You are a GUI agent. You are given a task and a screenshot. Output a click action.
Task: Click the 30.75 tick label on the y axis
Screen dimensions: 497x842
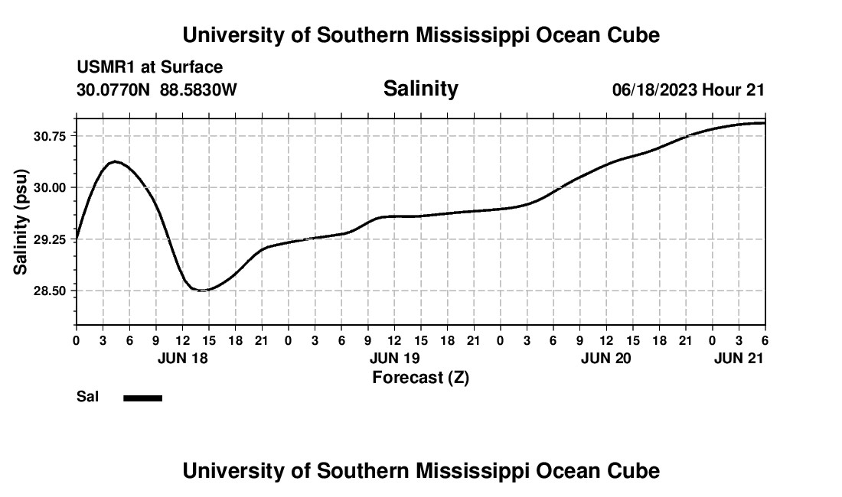tap(48, 136)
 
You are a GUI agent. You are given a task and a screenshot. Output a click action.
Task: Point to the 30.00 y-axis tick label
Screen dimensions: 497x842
tap(48, 187)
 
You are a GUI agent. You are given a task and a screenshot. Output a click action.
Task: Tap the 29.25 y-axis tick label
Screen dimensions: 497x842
tap(48, 239)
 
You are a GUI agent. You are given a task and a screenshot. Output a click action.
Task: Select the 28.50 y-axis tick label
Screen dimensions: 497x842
tap(48, 291)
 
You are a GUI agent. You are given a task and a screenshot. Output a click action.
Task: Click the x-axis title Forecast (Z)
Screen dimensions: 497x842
tap(420, 377)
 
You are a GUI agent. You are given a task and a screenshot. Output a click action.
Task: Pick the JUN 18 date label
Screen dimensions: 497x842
tap(182, 358)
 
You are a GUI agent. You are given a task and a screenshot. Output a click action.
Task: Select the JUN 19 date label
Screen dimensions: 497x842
tap(394, 358)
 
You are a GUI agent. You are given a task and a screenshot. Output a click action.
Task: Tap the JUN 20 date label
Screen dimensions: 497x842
tap(605, 358)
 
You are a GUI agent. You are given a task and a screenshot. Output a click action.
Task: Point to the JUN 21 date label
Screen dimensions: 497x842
tap(739, 358)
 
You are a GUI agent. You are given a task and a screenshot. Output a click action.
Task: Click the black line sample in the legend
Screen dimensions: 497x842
tap(143, 398)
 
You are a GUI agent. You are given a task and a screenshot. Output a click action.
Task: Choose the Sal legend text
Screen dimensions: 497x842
tap(87, 397)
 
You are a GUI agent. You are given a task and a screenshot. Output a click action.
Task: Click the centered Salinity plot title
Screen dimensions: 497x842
tap(420, 89)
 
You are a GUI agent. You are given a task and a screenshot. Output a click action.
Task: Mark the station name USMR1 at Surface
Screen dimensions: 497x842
tap(149, 67)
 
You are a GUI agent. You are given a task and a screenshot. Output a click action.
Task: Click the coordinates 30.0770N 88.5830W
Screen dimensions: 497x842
tap(157, 89)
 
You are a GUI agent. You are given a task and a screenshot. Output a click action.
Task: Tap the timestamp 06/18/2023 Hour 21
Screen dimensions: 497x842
tap(688, 89)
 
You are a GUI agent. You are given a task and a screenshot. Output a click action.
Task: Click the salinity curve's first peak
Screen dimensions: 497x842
tap(115, 161)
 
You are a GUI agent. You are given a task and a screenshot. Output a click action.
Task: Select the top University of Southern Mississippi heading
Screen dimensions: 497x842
tap(420, 35)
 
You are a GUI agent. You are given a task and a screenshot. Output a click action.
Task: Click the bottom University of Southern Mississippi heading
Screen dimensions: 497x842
tap(420, 470)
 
